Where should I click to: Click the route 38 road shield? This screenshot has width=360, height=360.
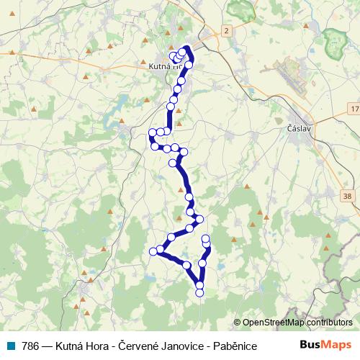pyautogui.click(x=348, y=195)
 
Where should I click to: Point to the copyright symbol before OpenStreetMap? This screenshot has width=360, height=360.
pyautogui.click(x=238, y=323)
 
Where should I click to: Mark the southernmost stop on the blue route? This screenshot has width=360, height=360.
pyautogui.click(x=200, y=292)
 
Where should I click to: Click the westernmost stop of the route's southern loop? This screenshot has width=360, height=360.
pyautogui.click(x=153, y=251)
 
